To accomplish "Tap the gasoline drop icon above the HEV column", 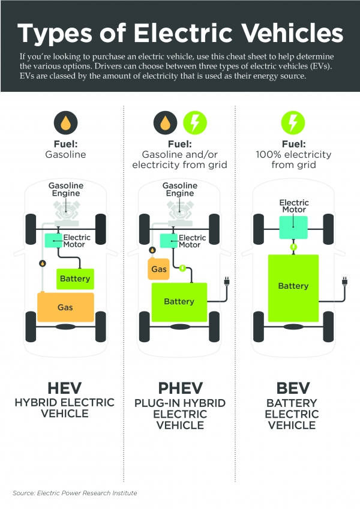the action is coord(65,122).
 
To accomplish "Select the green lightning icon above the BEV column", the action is coord(293,122).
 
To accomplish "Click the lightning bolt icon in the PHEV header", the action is coord(195,122).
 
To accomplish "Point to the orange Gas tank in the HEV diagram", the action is coord(65,307).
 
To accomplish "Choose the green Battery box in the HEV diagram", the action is coord(76,279).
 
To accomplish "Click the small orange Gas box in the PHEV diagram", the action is coord(159,269).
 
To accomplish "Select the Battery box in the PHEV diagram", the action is coord(179,302).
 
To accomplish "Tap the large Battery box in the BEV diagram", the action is coord(293,288).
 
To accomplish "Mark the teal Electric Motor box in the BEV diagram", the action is coord(293,227).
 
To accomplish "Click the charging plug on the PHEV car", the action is coord(227,281).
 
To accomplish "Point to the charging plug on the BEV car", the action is coord(345,281).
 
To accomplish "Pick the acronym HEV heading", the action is coord(65,388).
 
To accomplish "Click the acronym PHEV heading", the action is coord(181,388).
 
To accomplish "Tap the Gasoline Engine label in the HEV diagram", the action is coord(66,189).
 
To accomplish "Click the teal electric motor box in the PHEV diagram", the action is coord(169,241).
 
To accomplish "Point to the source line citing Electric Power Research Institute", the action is coord(74,493).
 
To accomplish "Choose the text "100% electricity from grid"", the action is coord(293,160).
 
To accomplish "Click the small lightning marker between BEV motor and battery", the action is coord(293,247).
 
